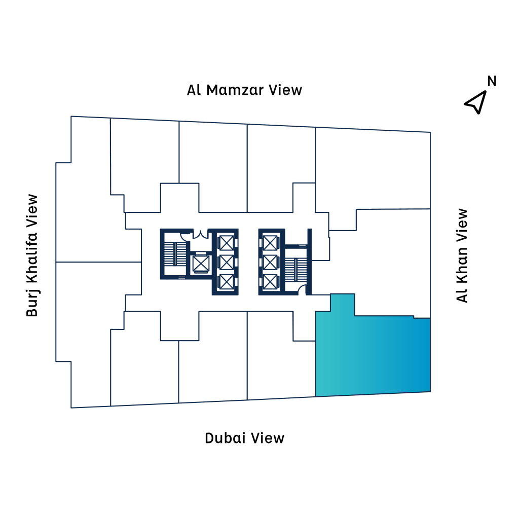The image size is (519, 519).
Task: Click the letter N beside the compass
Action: click(x=492, y=81)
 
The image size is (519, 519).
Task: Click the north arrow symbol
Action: click(x=475, y=102)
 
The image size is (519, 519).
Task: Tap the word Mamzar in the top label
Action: click(x=235, y=90)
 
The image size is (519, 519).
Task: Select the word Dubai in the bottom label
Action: click(x=225, y=438)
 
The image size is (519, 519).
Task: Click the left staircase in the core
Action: click(x=175, y=254)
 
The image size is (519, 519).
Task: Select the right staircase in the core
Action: click(x=296, y=270)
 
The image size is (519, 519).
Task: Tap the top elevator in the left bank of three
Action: click(x=227, y=243)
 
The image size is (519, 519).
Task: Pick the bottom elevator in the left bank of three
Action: click(x=227, y=282)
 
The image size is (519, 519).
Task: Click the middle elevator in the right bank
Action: click(x=270, y=263)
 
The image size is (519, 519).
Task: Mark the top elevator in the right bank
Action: click(x=270, y=243)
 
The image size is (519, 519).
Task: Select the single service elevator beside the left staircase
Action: click(x=201, y=264)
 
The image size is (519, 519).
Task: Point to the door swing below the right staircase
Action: click(x=302, y=290)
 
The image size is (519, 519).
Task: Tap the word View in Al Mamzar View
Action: click(x=285, y=90)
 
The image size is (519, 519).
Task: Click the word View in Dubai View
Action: click(x=268, y=438)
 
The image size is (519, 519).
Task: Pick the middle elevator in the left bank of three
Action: click(x=227, y=263)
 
